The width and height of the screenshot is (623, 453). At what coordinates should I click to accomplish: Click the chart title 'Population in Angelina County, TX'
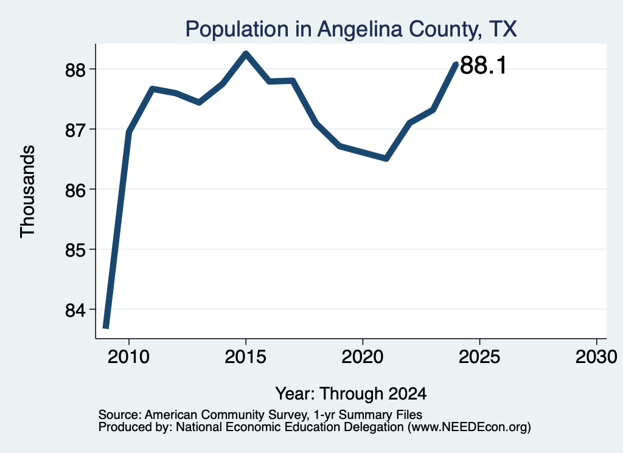pos(351,29)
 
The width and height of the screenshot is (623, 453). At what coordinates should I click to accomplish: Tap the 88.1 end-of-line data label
pos(483,65)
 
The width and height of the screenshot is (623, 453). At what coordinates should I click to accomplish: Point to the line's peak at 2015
pos(246,54)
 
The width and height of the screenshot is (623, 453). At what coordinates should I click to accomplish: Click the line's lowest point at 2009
pos(106,327)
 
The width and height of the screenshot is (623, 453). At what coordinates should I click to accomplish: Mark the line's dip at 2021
pos(386,159)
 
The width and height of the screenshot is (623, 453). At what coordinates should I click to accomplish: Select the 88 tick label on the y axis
pos(75,70)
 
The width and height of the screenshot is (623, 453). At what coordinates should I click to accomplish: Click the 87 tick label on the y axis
pos(75,130)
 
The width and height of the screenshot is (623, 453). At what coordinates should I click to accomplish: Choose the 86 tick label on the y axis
pos(75,190)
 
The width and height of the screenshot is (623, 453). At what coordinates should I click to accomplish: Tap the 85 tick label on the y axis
pos(75,250)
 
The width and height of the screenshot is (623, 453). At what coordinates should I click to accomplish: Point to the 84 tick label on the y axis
pos(75,310)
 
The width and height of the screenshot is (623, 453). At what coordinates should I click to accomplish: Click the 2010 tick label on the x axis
pos(129,356)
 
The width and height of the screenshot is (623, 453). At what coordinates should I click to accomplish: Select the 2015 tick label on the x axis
pos(246,356)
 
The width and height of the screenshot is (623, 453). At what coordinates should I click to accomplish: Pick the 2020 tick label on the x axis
pos(363,356)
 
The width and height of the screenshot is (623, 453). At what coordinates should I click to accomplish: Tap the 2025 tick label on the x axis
pos(479,356)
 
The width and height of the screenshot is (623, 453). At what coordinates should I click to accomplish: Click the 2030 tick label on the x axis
pos(596,356)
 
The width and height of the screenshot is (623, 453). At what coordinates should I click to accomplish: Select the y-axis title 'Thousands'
pos(28,192)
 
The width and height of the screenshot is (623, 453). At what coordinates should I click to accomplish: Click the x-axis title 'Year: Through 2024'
pos(351,394)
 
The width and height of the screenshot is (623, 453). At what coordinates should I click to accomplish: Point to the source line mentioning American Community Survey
pos(260,415)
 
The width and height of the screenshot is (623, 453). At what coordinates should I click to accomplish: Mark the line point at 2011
pos(153,89)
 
